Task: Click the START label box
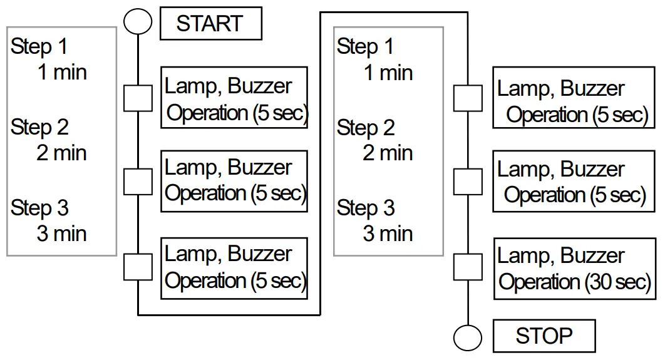210,24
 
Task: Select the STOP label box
544,336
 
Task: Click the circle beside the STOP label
468,338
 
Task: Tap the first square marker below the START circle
138,98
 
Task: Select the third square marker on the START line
138,267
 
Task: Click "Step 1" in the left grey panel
39,47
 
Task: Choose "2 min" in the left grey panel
61,153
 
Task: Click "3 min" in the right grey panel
388,234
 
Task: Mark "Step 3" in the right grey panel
366,208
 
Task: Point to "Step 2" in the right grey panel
366,128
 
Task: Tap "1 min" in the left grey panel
61,73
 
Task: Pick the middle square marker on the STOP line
468,182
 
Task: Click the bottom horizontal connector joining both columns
229,314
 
